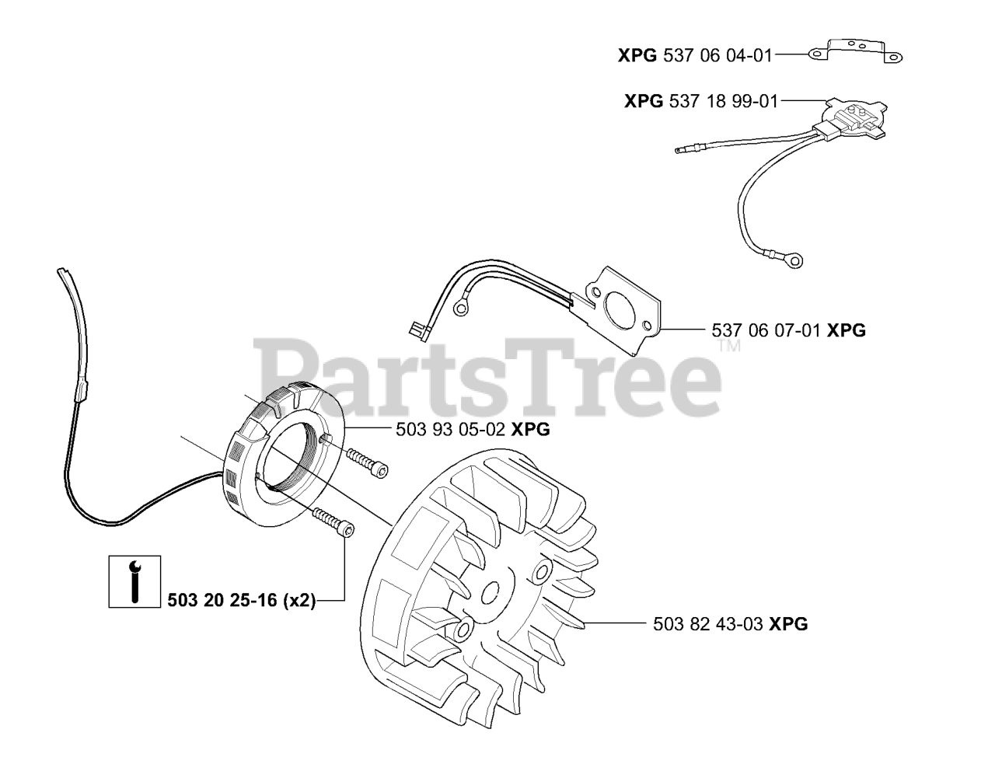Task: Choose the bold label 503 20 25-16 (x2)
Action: click(242, 601)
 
